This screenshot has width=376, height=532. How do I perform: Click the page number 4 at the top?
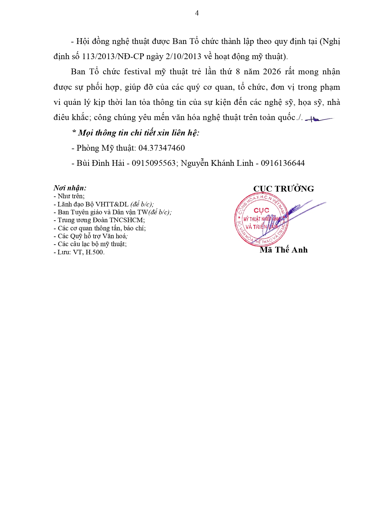click(197, 13)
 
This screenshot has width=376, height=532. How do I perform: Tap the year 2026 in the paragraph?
click(272, 72)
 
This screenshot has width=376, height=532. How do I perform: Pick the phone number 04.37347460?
click(161, 148)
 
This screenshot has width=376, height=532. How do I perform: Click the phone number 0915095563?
click(154, 163)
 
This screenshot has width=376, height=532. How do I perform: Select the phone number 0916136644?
click(283, 163)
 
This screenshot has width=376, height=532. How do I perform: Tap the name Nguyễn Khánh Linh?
click(217, 163)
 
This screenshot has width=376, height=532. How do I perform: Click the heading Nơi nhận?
click(70, 188)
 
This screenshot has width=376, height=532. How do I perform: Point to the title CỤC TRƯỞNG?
click(284, 189)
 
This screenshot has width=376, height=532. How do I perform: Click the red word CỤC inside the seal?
click(261, 210)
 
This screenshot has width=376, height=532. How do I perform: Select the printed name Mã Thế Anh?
click(284, 250)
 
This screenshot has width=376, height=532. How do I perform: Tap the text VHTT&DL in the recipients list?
click(112, 204)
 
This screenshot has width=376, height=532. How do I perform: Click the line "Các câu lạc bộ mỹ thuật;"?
click(90, 244)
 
